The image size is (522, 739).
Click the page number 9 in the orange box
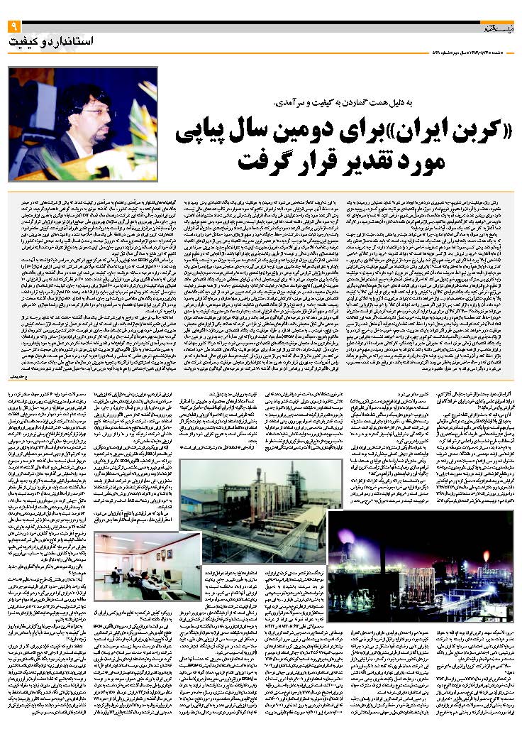(x=13, y=26)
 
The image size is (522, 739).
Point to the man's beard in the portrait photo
(x=94, y=129)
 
